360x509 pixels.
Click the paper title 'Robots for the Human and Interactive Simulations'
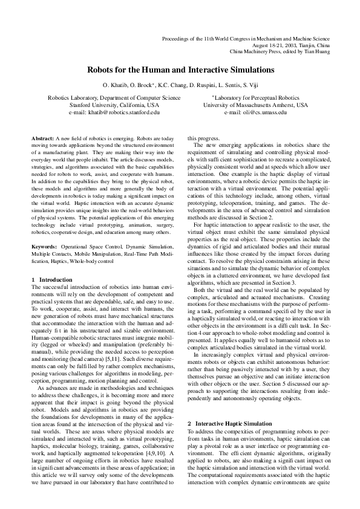[x=180, y=70]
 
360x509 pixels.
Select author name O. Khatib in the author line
[x=117, y=85]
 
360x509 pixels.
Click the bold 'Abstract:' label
[x=43, y=138]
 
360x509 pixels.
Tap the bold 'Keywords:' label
[x=45, y=247]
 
